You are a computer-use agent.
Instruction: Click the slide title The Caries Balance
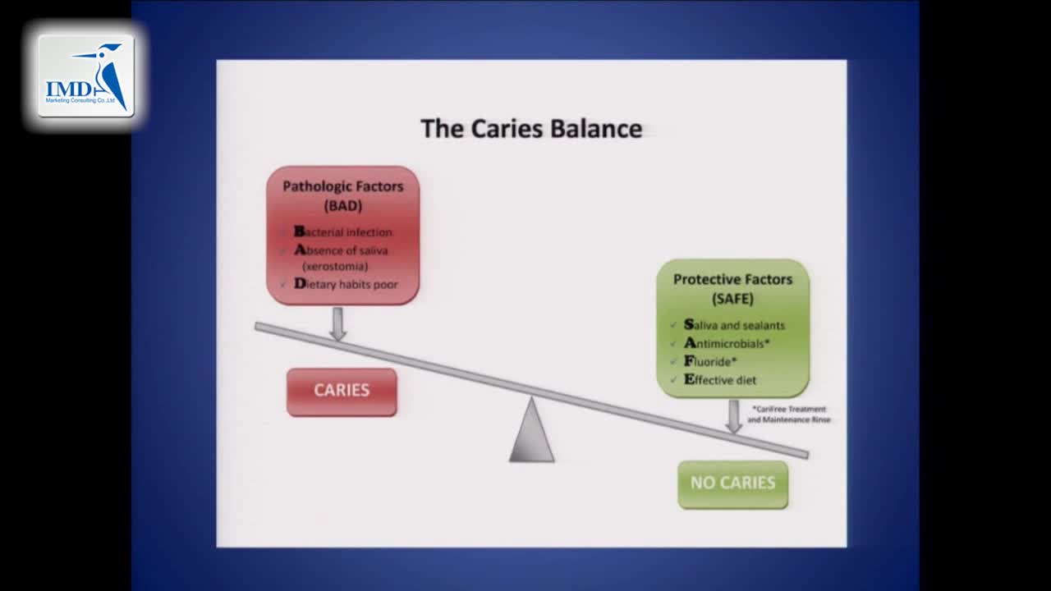(x=531, y=129)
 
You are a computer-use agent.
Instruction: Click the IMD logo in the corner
(x=86, y=76)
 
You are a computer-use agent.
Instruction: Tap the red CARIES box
(x=342, y=391)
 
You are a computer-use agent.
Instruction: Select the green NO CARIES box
(x=732, y=483)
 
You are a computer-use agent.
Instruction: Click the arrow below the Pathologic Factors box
(x=337, y=323)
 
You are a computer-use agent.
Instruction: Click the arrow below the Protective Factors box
(x=734, y=416)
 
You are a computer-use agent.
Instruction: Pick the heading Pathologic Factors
(x=343, y=186)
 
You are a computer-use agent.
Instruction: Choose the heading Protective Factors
(x=732, y=279)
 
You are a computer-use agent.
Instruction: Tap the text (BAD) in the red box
(x=343, y=205)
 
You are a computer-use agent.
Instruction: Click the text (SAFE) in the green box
(x=732, y=299)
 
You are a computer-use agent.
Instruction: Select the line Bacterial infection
(x=343, y=232)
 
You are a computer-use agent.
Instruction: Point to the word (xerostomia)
(x=335, y=267)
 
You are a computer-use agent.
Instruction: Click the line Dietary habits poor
(x=346, y=284)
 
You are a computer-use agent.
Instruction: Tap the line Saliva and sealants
(x=734, y=325)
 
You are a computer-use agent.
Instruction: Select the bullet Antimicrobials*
(x=727, y=343)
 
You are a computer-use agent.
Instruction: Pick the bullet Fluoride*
(x=710, y=361)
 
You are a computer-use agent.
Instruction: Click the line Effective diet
(x=720, y=380)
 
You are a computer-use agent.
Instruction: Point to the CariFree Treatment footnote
(x=788, y=414)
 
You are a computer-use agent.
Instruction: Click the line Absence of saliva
(x=341, y=250)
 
